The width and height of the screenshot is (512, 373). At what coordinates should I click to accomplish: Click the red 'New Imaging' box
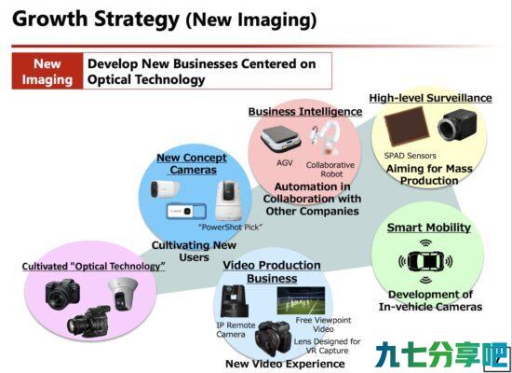click(47, 71)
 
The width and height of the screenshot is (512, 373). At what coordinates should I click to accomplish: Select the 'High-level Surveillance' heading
click(430, 98)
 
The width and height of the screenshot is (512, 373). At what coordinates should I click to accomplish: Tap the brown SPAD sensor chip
click(407, 126)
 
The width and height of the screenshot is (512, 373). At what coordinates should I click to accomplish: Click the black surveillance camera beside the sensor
click(457, 125)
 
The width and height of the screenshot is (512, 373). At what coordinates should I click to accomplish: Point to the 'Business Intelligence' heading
click(305, 112)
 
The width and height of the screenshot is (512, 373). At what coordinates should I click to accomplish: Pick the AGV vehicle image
click(281, 139)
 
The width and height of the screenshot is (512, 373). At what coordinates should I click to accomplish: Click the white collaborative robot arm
click(325, 138)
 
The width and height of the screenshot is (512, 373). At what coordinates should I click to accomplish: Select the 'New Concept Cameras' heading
click(192, 163)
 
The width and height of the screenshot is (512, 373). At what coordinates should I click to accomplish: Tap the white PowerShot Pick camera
click(228, 200)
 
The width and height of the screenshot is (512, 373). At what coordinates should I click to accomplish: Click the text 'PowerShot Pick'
click(231, 228)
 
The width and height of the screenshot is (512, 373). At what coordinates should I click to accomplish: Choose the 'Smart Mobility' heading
click(429, 228)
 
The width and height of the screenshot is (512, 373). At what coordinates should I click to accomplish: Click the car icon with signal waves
click(425, 261)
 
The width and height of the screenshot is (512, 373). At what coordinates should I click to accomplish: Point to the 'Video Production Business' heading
click(272, 271)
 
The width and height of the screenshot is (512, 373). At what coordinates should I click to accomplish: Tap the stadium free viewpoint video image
click(301, 300)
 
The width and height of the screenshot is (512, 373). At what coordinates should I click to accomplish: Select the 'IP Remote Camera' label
click(236, 330)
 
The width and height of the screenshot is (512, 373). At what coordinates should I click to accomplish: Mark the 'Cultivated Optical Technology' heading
click(94, 267)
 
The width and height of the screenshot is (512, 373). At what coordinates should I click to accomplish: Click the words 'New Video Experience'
click(285, 364)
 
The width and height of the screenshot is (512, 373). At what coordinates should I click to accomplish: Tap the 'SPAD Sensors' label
click(411, 156)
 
